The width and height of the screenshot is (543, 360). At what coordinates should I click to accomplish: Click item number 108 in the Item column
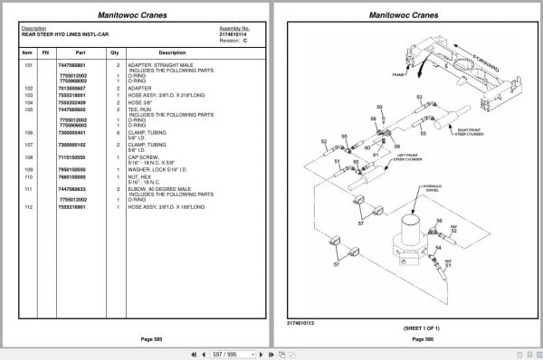28,156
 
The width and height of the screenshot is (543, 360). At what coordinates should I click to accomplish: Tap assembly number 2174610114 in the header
233,33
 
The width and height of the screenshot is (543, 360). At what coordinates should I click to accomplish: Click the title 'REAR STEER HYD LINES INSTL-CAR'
59,33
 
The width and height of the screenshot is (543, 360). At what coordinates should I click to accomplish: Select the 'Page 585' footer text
135,338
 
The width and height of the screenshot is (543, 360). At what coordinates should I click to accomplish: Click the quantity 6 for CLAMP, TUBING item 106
116,132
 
